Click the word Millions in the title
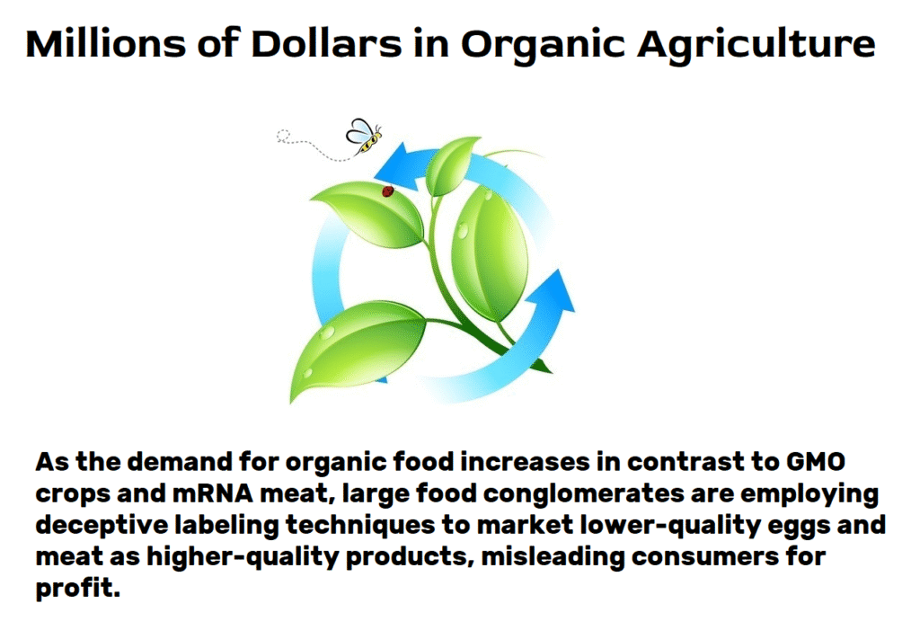pos(105,43)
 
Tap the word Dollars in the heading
pos(327,43)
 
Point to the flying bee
pos(364,136)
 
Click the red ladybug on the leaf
pos(388,191)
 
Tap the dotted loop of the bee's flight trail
pos(283,136)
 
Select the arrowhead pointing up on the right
pos(552,293)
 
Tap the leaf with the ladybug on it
pos(369,214)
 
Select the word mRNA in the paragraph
pos(212,493)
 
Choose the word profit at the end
pos(77,588)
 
